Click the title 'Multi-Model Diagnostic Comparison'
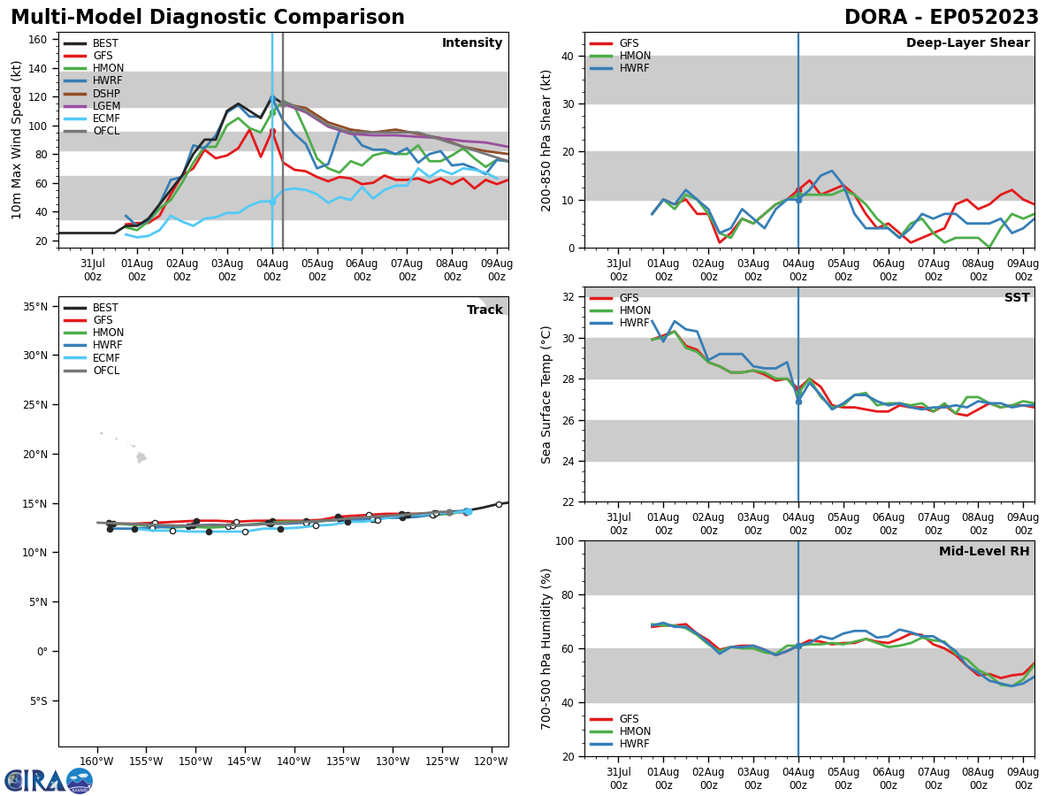pyautogui.click(x=207, y=18)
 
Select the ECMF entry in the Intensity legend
pyautogui.click(x=105, y=119)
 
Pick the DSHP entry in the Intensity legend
pyautogui.click(x=106, y=94)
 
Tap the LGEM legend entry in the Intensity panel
pyautogui.click(x=106, y=106)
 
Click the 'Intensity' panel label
pyautogui.click(x=472, y=43)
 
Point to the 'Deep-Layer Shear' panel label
pyautogui.click(x=967, y=43)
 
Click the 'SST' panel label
pyautogui.click(x=1017, y=298)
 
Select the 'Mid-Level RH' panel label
pyautogui.click(x=984, y=552)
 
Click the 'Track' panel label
pyautogui.click(x=485, y=310)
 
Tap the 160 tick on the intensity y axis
pyautogui.click(x=39, y=40)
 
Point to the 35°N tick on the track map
pyautogui.click(x=35, y=307)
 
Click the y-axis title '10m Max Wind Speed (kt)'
pyautogui.click(x=17, y=140)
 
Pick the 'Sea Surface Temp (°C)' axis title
pyautogui.click(x=547, y=394)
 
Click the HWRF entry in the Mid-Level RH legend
pyautogui.click(x=634, y=744)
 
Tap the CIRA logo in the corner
pyautogui.click(x=49, y=780)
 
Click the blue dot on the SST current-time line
pyautogui.click(x=798, y=402)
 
